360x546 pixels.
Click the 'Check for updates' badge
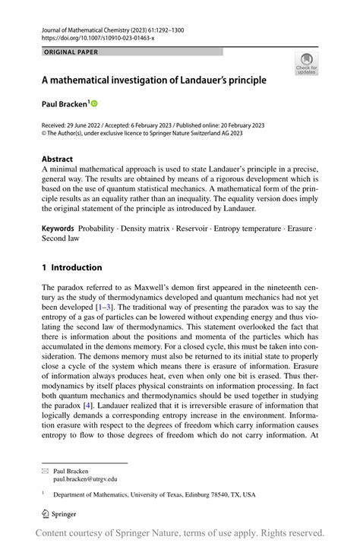pyautogui.click(x=306, y=64)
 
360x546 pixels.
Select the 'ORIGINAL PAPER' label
pyautogui.click(x=71, y=52)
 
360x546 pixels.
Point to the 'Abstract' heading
pyautogui.click(x=58, y=159)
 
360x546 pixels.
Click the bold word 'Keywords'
pyautogui.click(x=58, y=228)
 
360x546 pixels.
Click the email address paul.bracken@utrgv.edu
pyautogui.click(x=85, y=479)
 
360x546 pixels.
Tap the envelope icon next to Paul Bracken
pyautogui.click(x=45, y=471)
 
